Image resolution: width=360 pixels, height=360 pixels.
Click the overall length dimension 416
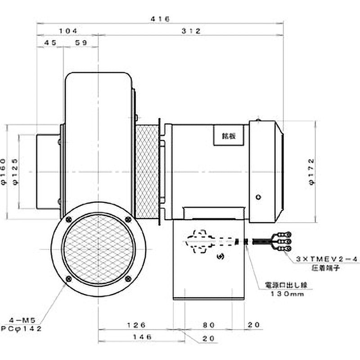point(160,19)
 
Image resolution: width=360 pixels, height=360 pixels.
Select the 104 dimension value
point(68,31)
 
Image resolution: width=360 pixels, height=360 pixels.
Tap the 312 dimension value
point(191,31)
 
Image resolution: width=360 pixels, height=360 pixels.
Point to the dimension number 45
point(50,43)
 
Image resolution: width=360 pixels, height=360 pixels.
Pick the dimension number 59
point(81,43)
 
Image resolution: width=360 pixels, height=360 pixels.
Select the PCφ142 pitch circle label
point(22,329)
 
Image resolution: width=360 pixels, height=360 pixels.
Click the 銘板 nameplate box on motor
point(228,135)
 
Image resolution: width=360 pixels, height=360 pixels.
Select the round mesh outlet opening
point(99,250)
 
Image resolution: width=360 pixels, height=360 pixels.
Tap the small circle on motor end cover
point(257,197)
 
